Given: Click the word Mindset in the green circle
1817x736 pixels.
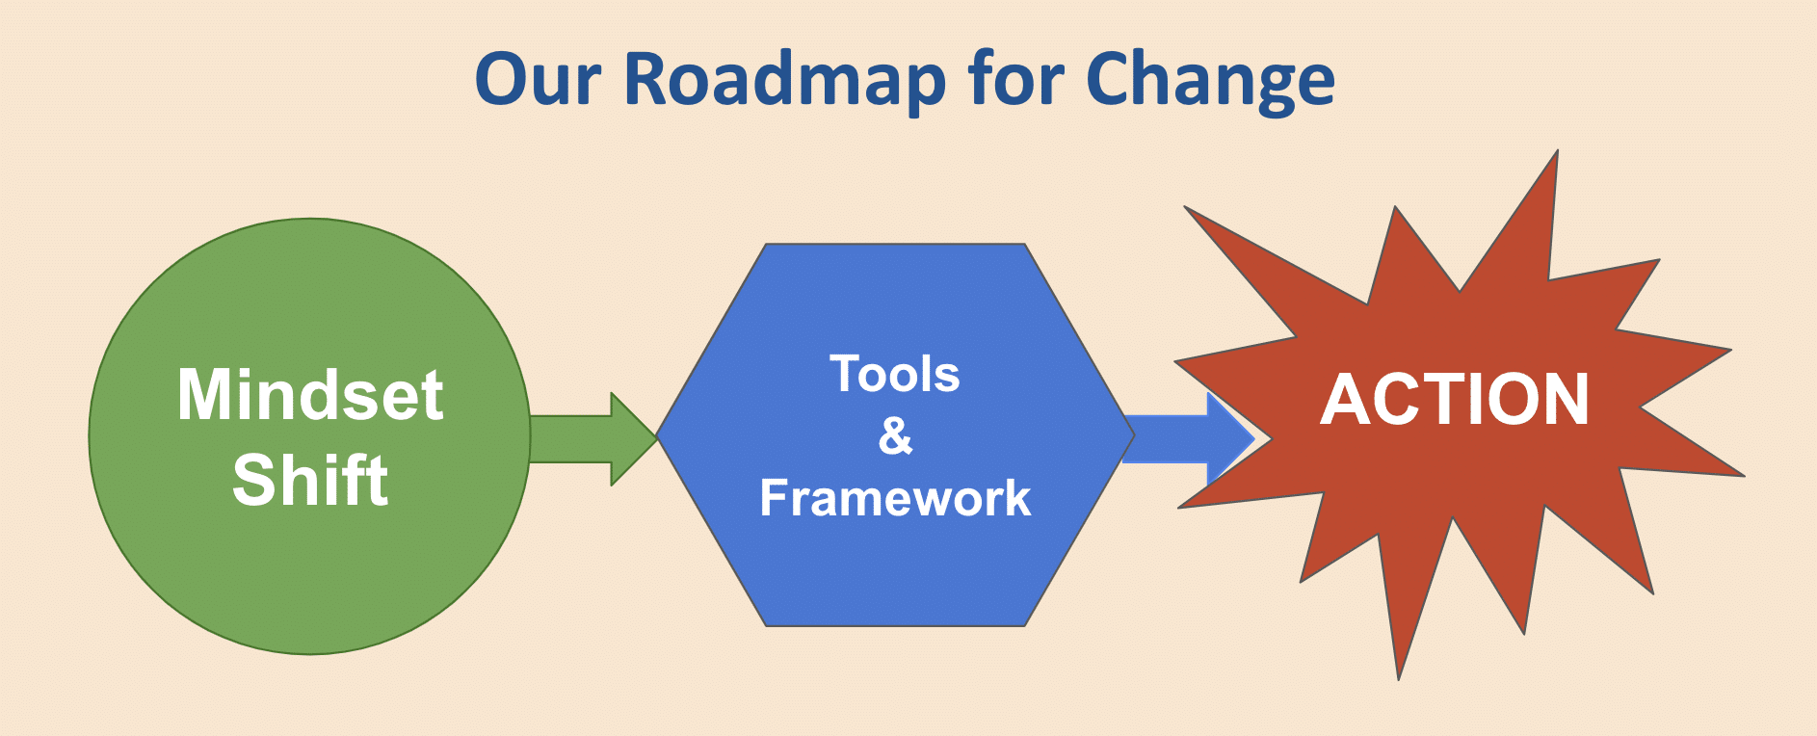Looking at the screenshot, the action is click(x=310, y=395).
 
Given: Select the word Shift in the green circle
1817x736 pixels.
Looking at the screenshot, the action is click(x=310, y=480).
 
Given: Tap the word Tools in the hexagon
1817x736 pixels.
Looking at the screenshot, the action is click(x=895, y=374).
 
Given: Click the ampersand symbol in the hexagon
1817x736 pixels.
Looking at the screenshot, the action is click(x=896, y=435).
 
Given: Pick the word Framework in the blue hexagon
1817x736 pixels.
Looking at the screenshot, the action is click(x=895, y=498).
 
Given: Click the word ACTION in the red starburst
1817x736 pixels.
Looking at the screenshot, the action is click(x=1455, y=400).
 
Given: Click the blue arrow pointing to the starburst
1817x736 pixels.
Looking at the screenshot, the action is click(x=1189, y=439).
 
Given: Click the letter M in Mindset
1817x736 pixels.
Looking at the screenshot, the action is click(x=203, y=395).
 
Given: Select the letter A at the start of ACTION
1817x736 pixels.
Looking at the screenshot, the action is click(x=1344, y=400).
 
